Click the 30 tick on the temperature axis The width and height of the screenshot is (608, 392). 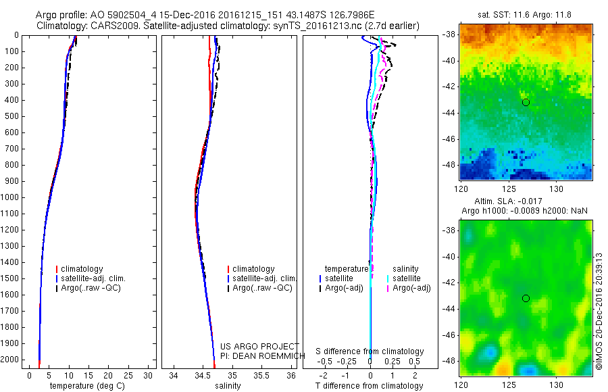tap(148, 375)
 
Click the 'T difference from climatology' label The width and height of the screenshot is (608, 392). tap(370, 386)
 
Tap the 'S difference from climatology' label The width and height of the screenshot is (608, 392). tap(370, 351)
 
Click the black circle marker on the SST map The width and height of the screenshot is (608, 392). tap(526, 102)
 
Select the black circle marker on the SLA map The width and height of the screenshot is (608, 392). tap(526, 298)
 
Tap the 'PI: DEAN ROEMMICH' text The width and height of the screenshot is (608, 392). tap(259, 356)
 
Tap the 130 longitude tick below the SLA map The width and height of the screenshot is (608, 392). tap(558, 384)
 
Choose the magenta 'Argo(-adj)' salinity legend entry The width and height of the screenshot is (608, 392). tap(411, 289)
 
